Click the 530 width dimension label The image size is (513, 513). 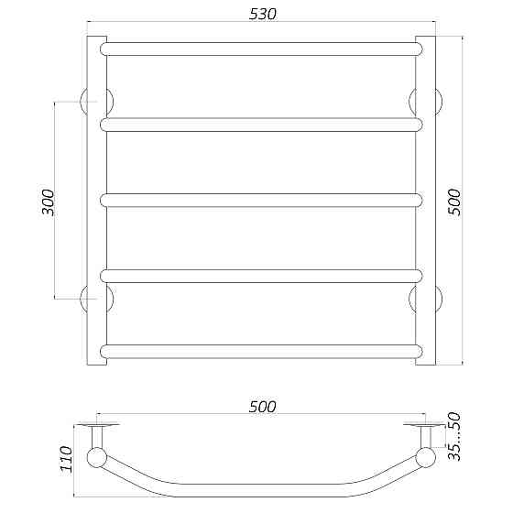pyautogui.click(x=262, y=14)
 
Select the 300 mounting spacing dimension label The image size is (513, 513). pyautogui.click(x=48, y=202)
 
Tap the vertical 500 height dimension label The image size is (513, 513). pyautogui.click(x=453, y=202)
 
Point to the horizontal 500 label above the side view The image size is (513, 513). pyautogui.click(x=262, y=407)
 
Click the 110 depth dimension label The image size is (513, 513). pyautogui.click(x=66, y=459)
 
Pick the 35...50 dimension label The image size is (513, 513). pyautogui.click(x=453, y=436)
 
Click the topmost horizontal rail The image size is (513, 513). pyautogui.click(x=261, y=49)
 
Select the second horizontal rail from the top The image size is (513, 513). pyautogui.click(x=261, y=125)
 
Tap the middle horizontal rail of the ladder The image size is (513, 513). pyautogui.click(x=261, y=201)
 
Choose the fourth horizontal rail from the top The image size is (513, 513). pyautogui.click(x=261, y=276)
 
